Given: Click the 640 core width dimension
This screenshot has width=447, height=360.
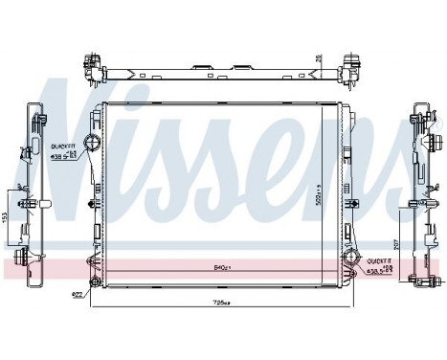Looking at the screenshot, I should [221, 267].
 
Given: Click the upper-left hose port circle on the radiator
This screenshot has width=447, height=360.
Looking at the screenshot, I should [92, 145].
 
